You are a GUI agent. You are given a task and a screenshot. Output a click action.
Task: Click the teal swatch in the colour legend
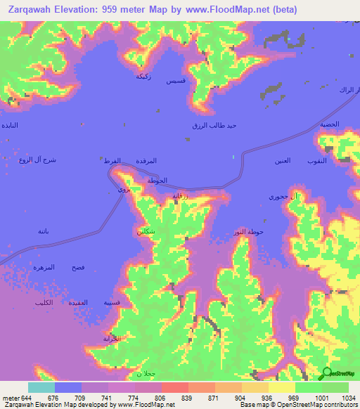[41, 387]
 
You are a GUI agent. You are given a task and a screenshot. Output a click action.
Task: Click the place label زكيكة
[145, 75]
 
